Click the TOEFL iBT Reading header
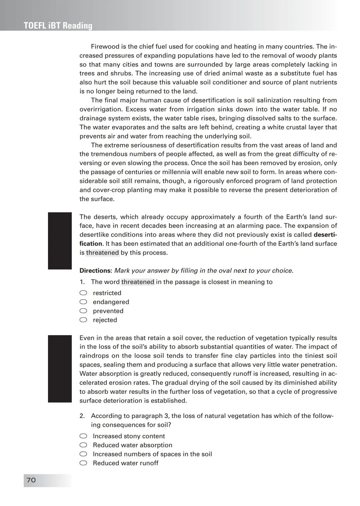click(58, 26)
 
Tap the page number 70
click(31, 480)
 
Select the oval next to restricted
click(83, 293)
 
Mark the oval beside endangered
click(83, 302)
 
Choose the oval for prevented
click(83, 311)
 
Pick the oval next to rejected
click(83, 320)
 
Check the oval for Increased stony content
click(83, 436)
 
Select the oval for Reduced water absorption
click(83, 445)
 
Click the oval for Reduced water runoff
click(83, 463)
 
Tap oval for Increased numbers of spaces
click(83, 454)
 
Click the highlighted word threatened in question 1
click(138, 282)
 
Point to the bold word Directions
click(95, 270)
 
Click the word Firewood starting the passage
click(105, 47)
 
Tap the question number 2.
click(82, 416)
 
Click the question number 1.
click(82, 282)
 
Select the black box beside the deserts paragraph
click(60, 241)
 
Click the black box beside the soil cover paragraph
click(60, 368)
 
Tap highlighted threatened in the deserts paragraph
click(102, 253)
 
